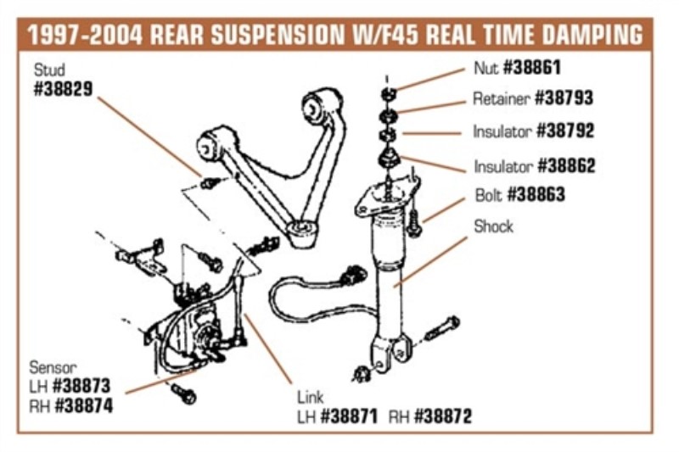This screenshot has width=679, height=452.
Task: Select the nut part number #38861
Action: (x=532, y=67)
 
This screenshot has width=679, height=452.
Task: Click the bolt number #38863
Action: (x=536, y=195)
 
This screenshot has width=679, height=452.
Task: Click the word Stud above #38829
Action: (x=48, y=68)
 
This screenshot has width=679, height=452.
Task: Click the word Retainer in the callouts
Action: (x=501, y=98)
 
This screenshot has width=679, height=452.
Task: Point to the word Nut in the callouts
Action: (x=486, y=67)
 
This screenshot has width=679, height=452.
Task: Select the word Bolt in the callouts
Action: (x=488, y=195)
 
